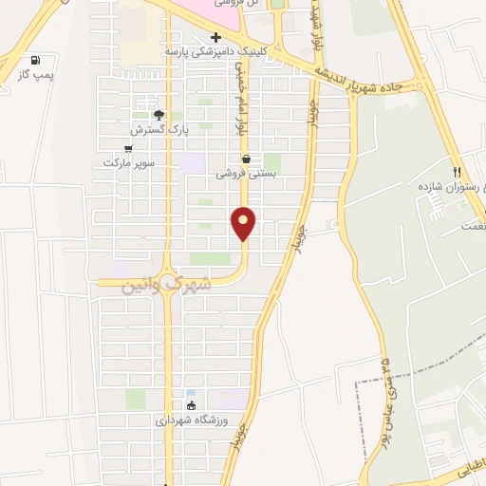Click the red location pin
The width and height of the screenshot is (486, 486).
click(244, 222)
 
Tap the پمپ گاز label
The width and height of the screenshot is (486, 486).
click(37, 73)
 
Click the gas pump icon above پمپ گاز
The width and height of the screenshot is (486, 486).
click(36, 59)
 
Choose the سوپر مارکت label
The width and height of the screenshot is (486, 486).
click(128, 163)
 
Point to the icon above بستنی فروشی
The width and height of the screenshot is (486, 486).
click(247, 159)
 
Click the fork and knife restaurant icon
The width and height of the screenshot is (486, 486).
click(457, 172)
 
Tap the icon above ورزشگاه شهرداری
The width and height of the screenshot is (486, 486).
click(191, 406)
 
